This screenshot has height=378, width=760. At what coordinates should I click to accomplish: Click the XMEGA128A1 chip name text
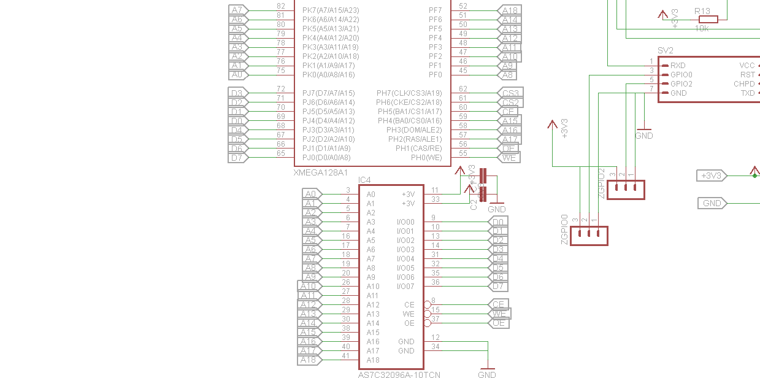[x=321, y=172]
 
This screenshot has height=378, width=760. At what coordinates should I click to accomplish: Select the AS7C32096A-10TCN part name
[x=399, y=374]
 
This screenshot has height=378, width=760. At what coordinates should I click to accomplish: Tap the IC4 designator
[x=364, y=180]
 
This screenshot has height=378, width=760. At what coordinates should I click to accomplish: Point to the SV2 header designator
[x=665, y=50]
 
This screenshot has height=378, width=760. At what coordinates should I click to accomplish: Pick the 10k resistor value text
[x=702, y=29]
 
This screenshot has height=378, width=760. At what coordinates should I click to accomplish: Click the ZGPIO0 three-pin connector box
[x=589, y=236]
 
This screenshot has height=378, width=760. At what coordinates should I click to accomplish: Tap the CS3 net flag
[x=509, y=93]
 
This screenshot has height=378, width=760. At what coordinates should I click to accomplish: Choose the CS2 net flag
[x=509, y=102]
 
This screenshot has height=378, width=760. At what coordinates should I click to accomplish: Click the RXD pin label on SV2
[x=678, y=66]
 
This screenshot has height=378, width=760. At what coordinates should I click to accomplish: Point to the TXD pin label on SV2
[x=748, y=93]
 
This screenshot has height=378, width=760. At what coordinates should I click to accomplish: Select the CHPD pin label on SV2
[x=744, y=84]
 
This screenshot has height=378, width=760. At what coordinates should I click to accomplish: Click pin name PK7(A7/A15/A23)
[x=331, y=10]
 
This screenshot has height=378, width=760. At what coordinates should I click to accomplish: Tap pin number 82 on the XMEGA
[x=281, y=6]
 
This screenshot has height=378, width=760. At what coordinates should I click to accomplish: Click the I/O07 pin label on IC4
[x=405, y=287]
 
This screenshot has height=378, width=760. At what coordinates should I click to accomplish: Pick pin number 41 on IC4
[x=346, y=356]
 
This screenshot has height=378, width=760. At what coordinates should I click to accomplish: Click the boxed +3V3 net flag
[x=712, y=176]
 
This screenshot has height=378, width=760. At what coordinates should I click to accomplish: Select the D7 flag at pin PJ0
[x=237, y=158]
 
